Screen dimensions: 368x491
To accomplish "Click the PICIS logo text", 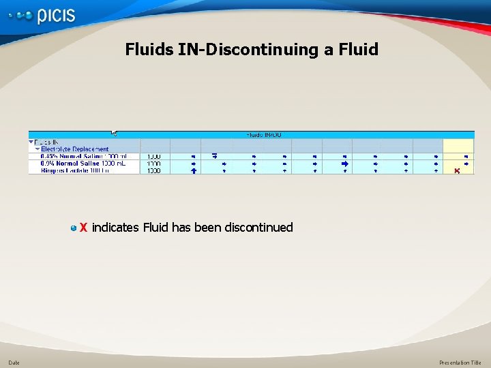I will click(56, 16).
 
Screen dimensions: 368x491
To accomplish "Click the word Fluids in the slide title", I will click(147, 50).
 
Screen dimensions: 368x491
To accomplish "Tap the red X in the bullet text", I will click(83, 228).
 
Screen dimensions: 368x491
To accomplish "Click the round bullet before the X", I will click(74, 228).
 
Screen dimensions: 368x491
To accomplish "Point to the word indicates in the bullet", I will click(115, 228).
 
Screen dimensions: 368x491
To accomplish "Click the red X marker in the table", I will click(457, 170).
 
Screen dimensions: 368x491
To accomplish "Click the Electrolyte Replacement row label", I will click(74, 149).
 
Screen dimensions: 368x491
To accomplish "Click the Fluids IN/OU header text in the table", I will click(263, 135).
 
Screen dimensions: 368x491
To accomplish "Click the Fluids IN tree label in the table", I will click(46, 142).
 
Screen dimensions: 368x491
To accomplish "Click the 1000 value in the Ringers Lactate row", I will click(153, 170).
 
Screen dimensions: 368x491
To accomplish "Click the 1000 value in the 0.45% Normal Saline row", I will click(153, 156).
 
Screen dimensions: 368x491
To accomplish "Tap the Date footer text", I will click(14, 363).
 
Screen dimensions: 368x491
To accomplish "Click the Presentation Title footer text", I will click(460, 363).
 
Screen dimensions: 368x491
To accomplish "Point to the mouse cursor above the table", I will click(115, 133).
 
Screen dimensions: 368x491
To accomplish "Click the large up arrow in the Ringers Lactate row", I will click(194, 170).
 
